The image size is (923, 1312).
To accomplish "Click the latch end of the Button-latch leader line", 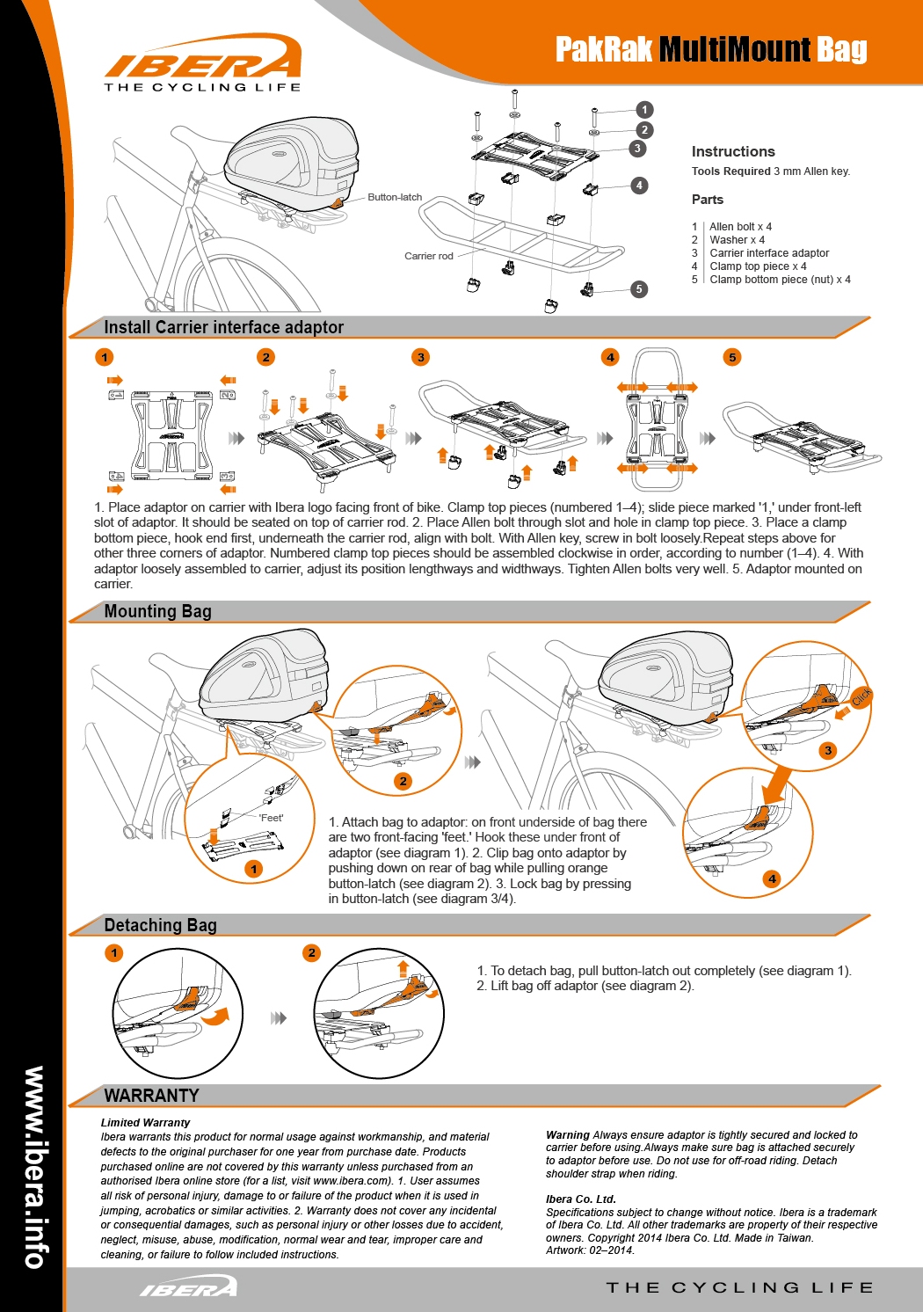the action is pyautogui.click(x=345, y=202).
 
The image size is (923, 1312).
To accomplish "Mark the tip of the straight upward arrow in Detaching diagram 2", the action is pyautogui.click(x=403, y=961).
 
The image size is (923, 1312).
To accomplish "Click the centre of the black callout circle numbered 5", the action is pyautogui.click(x=639, y=288).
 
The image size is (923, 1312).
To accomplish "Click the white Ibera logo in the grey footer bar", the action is pyautogui.click(x=189, y=1286).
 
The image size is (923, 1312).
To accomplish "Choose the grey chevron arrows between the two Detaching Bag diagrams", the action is pyautogui.click(x=278, y=1018).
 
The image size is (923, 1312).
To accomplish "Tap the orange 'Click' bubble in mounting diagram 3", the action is pyautogui.click(x=861, y=696).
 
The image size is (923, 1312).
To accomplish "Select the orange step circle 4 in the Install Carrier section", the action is pyautogui.click(x=610, y=357).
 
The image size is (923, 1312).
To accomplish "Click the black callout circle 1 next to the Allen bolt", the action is pyautogui.click(x=644, y=110).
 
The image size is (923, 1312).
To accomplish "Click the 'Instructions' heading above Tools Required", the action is pyautogui.click(x=733, y=152).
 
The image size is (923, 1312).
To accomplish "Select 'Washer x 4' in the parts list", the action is pyautogui.click(x=737, y=239).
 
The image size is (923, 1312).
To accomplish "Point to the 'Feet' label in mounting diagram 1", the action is pyautogui.click(x=271, y=818).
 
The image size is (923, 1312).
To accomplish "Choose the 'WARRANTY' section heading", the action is pyautogui.click(x=152, y=1096).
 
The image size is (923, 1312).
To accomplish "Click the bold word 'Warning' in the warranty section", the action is pyautogui.click(x=568, y=1134).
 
